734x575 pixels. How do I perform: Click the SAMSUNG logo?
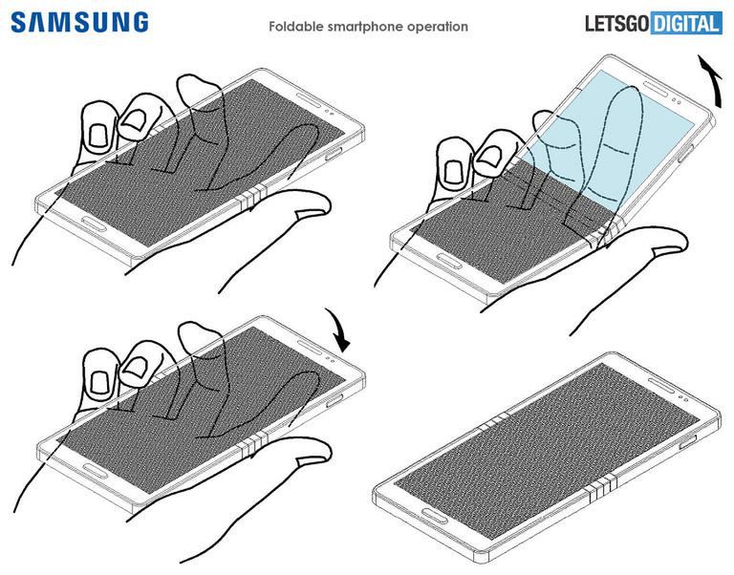[x=78, y=23]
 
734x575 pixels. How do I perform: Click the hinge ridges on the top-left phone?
[x=250, y=198]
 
